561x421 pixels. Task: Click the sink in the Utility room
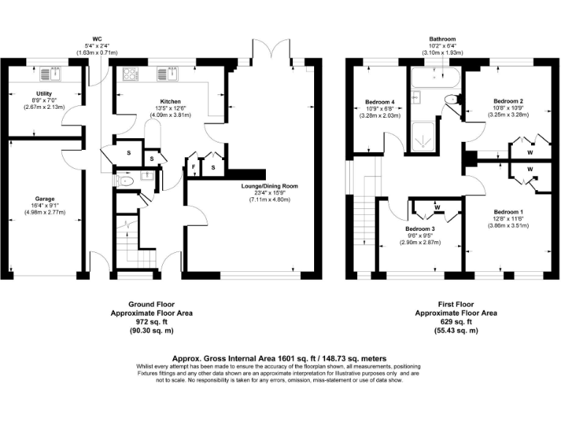click(53, 74)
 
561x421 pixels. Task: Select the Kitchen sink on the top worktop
click(169, 74)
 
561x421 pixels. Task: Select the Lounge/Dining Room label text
click(269, 186)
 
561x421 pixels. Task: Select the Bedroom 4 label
click(381, 101)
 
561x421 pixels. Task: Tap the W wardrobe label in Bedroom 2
click(530, 153)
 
